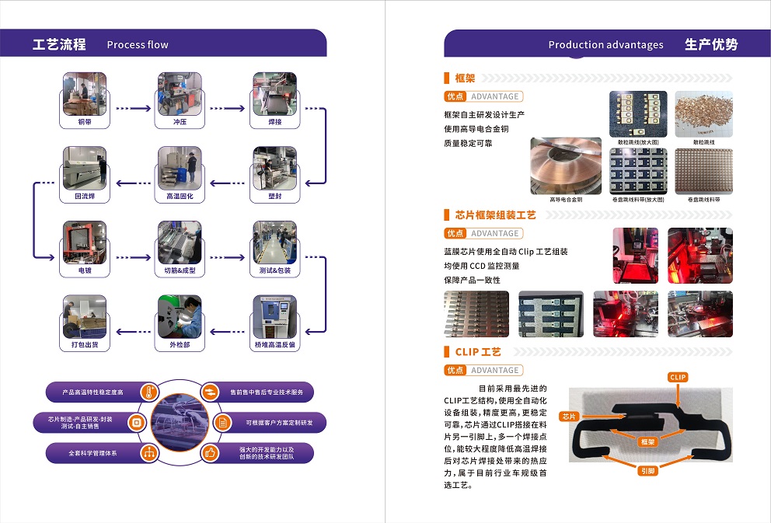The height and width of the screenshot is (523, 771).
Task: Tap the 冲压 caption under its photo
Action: click(x=180, y=122)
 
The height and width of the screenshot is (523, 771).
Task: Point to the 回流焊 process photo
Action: click(x=84, y=168)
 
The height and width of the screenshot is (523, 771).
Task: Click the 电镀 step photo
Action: click(x=84, y=242)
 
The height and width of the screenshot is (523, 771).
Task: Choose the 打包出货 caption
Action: click(x=84, y=344)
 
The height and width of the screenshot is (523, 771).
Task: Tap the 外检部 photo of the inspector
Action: click(x=180, y=316)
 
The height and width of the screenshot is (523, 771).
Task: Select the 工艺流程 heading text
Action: click(x=59, y=44)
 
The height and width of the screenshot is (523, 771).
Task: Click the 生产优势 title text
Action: click(x=710, y=44)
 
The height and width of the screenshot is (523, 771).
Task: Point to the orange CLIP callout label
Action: click(x=678, y=377)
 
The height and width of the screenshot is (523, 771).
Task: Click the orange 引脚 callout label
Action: click(x=647, y=471)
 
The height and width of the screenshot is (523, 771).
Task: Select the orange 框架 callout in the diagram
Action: click(x=647, y=441)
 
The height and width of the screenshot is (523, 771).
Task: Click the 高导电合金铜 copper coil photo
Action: click(x=566, y=166)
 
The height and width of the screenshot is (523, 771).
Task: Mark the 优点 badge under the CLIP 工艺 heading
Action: click(x=455, y=370)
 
